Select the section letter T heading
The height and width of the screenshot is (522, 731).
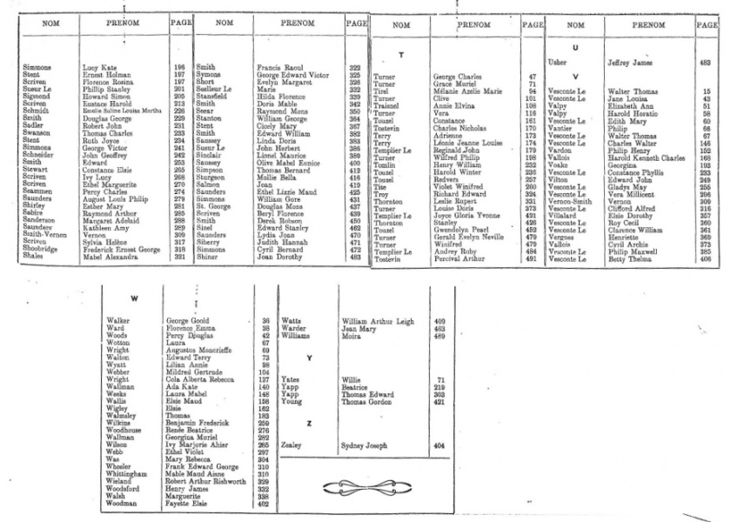(x=399, y=55)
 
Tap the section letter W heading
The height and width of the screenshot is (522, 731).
(x=134, y=298)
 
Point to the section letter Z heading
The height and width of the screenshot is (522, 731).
(x=310, y=422)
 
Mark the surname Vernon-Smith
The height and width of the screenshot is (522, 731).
(x=568, y=202)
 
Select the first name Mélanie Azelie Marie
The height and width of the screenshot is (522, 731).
(x=467, y=91)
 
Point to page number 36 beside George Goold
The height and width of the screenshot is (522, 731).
(x=265, y=321)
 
